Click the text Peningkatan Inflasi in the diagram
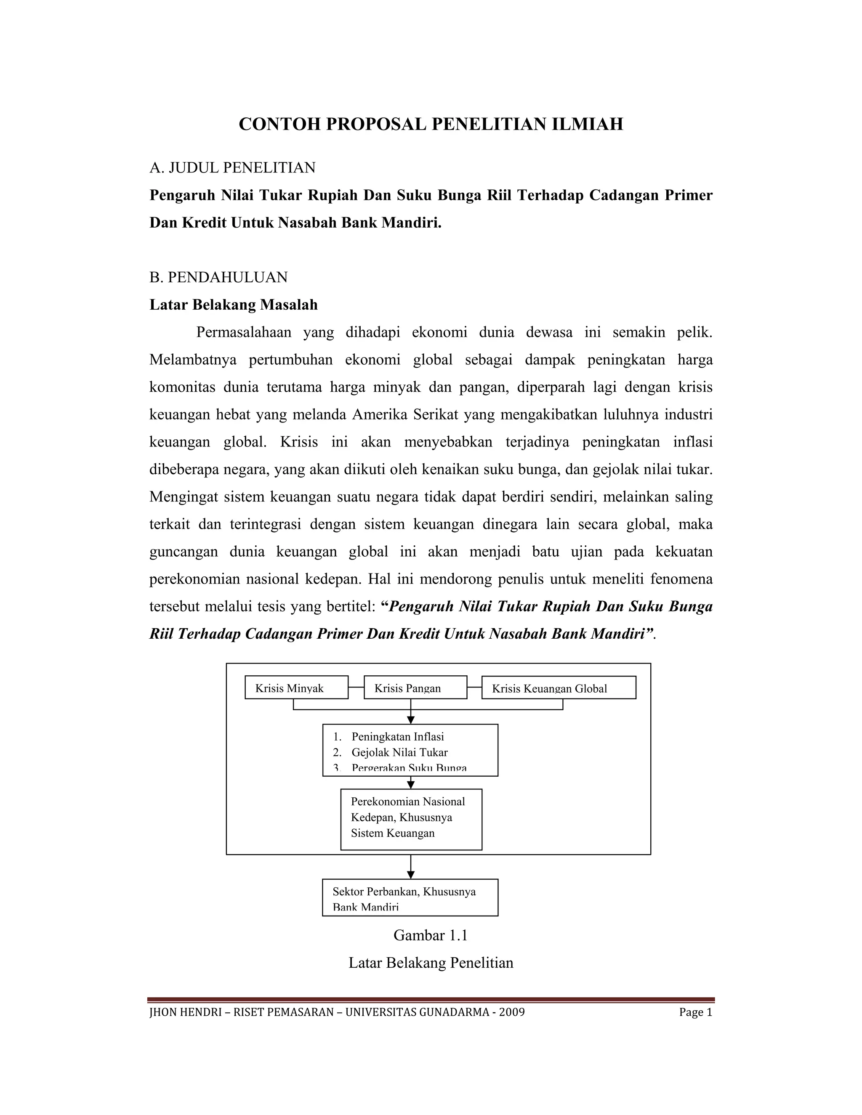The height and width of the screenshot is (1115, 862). click(397, 736)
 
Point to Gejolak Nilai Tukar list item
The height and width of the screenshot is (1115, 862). click(399, 752)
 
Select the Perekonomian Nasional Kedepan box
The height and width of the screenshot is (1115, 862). click(411, 819)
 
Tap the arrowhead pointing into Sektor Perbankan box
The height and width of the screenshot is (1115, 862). click(410, 875)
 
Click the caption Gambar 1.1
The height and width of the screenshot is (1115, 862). click(431, 935)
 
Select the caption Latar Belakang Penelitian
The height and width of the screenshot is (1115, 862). click(431, 963)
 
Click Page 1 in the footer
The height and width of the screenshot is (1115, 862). click(695, 1012)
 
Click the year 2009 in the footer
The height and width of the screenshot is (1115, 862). click(512, 1012)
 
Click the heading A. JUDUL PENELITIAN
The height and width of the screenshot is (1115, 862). click(232, 167)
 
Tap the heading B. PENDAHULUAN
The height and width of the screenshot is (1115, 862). click(218, 277)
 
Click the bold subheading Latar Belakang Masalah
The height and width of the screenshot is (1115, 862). click(233, 305)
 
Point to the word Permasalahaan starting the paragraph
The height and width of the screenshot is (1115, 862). click(244, 332)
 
